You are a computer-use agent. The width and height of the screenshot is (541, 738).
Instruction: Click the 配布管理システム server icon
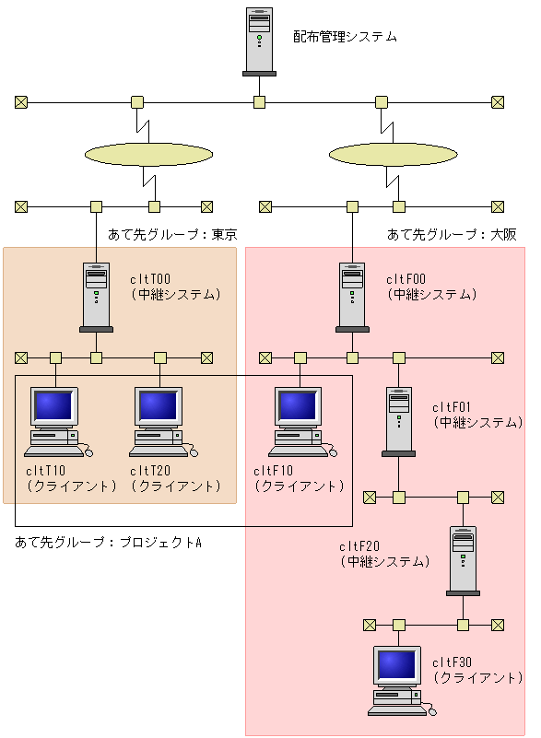pos(260,41)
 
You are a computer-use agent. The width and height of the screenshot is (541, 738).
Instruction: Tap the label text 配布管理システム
pos(346,37)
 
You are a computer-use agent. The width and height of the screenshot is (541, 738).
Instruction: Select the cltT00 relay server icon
pos(96,297)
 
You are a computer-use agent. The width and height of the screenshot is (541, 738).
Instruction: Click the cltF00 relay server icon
pos(352,297)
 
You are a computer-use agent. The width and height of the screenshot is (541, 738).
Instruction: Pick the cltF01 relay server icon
pos(398,421)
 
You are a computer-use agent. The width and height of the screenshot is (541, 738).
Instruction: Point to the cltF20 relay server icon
pos(464,559)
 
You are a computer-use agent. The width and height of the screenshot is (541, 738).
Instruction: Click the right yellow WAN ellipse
pos(392,154)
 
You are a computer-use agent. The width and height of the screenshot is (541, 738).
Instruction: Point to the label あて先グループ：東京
pos(172,234)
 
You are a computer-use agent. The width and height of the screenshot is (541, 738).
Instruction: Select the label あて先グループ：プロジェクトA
pos(108,542)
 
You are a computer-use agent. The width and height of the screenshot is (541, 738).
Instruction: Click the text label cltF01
pos(452,407)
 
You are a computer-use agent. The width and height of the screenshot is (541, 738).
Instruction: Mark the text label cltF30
pos(453,662)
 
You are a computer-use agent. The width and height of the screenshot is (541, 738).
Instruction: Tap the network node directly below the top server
pos(260,101)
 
